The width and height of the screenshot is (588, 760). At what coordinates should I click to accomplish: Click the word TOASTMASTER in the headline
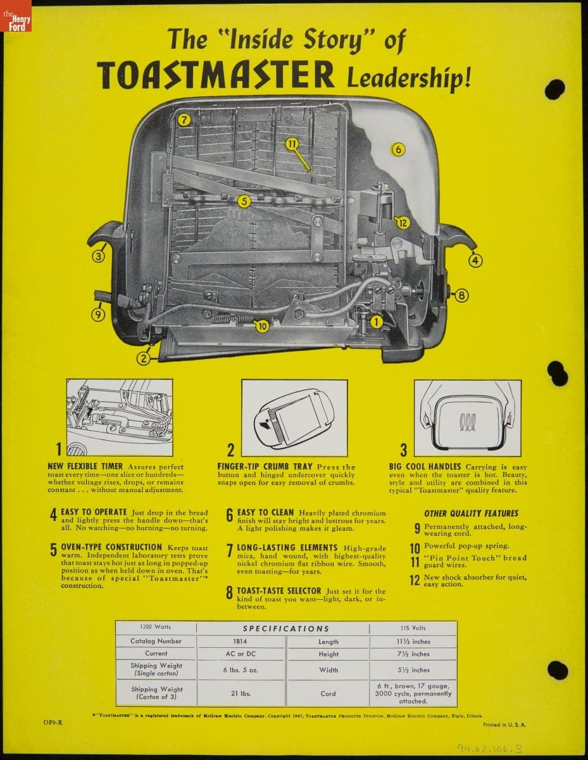pyautogui.click(x=216, y=75)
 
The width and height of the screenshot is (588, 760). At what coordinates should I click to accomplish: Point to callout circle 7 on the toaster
pyautogui.click(x=184, y=120)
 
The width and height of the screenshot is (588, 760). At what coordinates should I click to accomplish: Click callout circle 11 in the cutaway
pyautogui.click(x=291, y=144)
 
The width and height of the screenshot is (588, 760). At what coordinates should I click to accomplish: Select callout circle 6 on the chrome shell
pyautogui.click(x=397, y=149)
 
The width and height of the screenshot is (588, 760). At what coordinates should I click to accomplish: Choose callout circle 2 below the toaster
pyautogui.click(x=144, y=358)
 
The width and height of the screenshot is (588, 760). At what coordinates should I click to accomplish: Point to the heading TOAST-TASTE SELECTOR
pyautogui.click(x=278, y=591)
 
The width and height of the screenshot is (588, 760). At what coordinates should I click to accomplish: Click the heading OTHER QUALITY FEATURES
pyautogui.click(x=471, y=514)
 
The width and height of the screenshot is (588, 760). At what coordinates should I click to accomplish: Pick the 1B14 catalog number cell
pyautogui.click(x=241, y=641)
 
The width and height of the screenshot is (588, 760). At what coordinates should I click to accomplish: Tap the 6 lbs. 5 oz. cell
pyautogui.click(x=241, y=669)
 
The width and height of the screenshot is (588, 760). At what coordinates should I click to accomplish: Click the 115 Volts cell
pyautogui.click(x=413, y=628)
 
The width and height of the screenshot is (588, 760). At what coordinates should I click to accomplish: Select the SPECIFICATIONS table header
pyautogui.click(x=286, y=628)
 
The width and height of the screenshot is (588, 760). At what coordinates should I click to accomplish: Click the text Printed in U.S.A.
pyautogui.click(x=504, y=724)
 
